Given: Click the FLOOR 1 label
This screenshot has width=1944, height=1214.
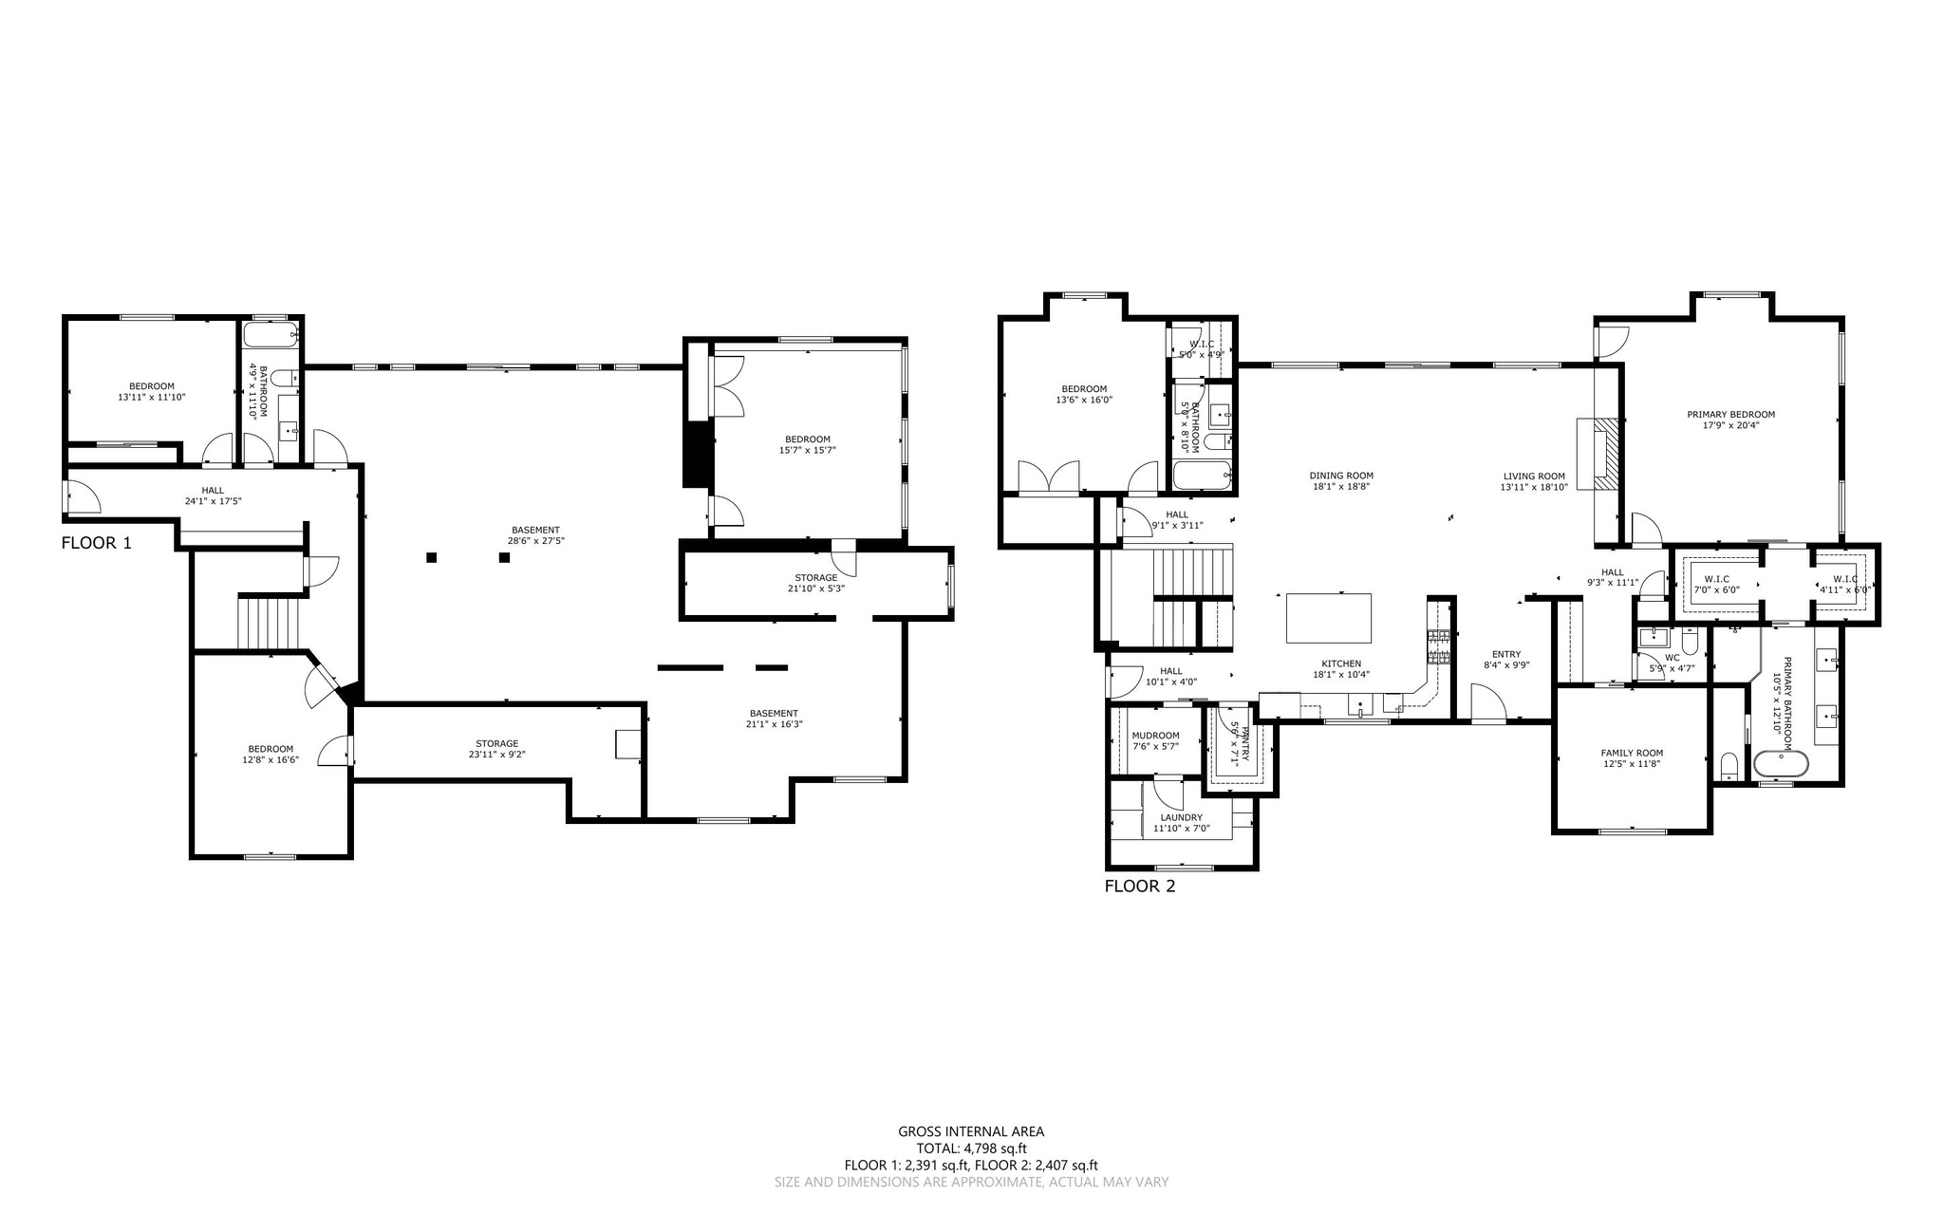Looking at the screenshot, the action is pyautogui.click(x=97, y=544).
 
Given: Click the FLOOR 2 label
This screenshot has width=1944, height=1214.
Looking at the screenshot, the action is pyautogui.click(x=1140, y=887).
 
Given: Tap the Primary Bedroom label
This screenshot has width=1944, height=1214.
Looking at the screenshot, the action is pyautogui.click(x=1730, y=415).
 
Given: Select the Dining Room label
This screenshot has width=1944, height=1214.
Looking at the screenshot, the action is pyautogui.click(x=1341, y=476).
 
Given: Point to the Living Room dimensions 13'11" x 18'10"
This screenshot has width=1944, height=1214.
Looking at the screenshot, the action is pyautogui.click(x=1533, y=487).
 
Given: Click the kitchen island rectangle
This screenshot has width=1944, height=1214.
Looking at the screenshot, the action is pyautogui.click(x=1329, y=618).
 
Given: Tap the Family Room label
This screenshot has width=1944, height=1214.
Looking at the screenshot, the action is pyautogui.click(x=1632, y=753).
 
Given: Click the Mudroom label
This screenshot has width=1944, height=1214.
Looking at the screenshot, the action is pyautogui.click(x=1155, y=736).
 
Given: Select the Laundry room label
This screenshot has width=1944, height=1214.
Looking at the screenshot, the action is pyautogui.click(x=1181, y=817).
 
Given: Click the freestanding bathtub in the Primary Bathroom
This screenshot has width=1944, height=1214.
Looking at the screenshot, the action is pyautogui.click(x=1780, y=764).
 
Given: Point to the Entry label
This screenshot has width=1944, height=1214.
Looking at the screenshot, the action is pyautogui.click(x=1506, y=654).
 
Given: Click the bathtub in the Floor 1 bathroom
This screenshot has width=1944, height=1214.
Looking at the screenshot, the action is pyautogui.click(x=271, y=335).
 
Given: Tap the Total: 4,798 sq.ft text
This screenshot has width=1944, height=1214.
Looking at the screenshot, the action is pyautogui.click(x=971, y=1149).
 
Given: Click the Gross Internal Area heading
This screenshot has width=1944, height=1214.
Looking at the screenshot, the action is pyautogui.click(x=971, y=1131).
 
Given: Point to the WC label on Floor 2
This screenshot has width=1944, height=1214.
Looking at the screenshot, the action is pyautogui.click(x=1673, y=657).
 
